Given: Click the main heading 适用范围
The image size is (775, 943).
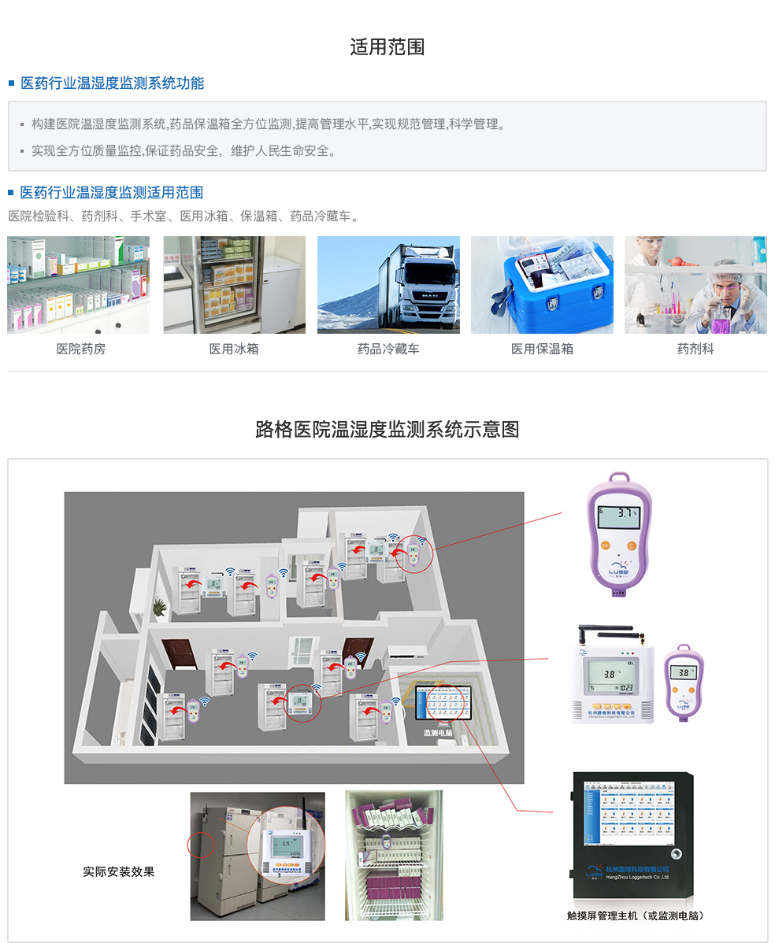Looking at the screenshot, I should tap(387, 47).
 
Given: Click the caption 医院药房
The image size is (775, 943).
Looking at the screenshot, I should tap(80, 349).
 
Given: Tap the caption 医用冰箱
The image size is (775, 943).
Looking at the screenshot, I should tap(234, 349).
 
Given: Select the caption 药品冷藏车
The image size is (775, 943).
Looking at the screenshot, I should tap(388, 349).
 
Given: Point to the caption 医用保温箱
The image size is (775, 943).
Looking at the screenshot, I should tap(542, 349).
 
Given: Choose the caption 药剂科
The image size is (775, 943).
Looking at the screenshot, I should tap(695, 349).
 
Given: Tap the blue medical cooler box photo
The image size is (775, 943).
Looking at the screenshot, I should tap(542, 285).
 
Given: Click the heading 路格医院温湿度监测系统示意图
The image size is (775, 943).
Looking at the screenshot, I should tap(387, 430).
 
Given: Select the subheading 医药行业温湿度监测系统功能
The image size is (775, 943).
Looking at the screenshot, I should tap(112, 83).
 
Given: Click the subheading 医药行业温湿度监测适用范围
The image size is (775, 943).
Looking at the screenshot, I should tap(112, 193).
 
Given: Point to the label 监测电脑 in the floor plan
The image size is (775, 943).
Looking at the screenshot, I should tap(438, 733).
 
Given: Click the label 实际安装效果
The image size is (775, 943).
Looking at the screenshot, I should tap(119, 872).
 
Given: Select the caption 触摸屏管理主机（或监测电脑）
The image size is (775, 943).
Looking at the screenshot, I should tap(636, 915).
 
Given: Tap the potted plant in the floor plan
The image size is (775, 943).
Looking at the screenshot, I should tap(160, 607).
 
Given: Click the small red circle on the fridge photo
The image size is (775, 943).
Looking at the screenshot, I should tap(201, 845).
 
